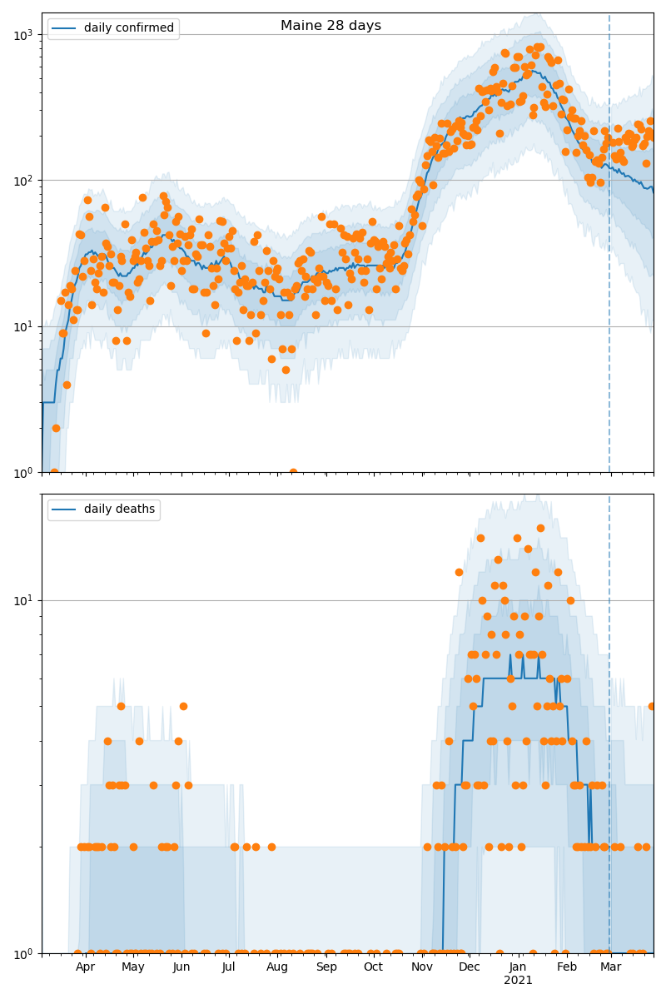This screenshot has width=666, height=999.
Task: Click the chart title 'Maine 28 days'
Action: [x=331, y=26]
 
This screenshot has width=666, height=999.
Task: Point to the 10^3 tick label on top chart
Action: [x=24, y=35]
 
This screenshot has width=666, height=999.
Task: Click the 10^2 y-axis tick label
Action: [x=24, y=181]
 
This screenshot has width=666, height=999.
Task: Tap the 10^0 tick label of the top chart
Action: [x=24, y=472]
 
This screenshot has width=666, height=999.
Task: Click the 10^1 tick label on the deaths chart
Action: [x=24, y=600]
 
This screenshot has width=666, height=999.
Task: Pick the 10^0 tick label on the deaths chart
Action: [x=24, y=953]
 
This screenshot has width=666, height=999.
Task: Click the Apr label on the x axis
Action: [x=85, y=967]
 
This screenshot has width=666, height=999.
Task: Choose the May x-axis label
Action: [x=132, y=967]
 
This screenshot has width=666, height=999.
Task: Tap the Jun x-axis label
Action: [x=181, y=967]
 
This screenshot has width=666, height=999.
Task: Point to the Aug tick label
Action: [x=277, y=967]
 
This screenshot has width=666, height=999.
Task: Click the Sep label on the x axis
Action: [x=326, y=967]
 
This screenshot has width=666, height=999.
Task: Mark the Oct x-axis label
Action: [x=373, y=967]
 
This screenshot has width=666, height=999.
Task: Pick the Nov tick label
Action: [x=422, y=967]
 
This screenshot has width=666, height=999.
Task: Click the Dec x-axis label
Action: [x=470, y=967]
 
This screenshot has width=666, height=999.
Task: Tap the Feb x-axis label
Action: [x=567, y=967]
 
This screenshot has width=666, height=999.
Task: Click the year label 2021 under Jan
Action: [x=518, y=981]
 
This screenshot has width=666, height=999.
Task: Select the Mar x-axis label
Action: [x=611, y=967]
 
